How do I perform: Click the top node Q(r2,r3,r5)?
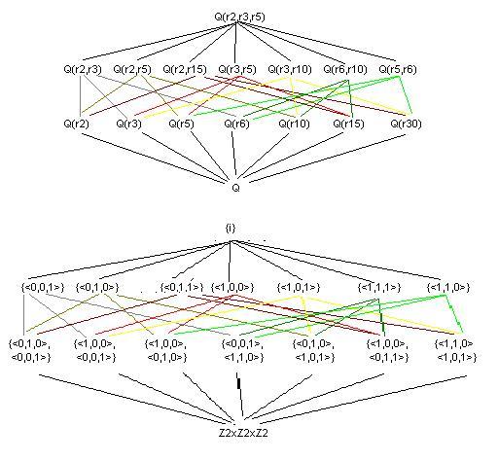click(x=239, y=17)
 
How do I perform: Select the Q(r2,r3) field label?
click(x=83, y=69)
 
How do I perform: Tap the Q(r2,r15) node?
click(x=185, y=69)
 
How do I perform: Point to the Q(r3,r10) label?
click(x=290, y=69)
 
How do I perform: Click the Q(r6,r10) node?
click(x=345, y=69)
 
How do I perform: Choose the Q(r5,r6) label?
click(x=398, y=69)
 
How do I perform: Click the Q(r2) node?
click(x=76, y=124)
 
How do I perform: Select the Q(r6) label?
click(x=236, y=124)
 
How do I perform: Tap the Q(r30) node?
click(x=406, y=124)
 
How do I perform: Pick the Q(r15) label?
click(x=348, y=124)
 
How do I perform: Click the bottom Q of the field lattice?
click(x=236, y=188)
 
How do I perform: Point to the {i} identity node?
click(x=231, y=229)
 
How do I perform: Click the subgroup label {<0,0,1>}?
click(x=43, y=287)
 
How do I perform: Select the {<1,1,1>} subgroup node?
click(x=379, y=287)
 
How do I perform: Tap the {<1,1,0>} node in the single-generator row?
click(x=448, y=287)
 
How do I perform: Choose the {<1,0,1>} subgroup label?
click(x=299, y=287)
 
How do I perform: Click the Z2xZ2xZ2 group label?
click(x=243, y=433)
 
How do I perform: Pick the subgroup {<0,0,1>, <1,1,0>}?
click(x=243, y=350)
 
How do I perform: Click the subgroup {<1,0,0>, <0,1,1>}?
click(x=387, y=350)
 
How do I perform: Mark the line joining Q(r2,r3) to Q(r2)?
click(x=80, y=95)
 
